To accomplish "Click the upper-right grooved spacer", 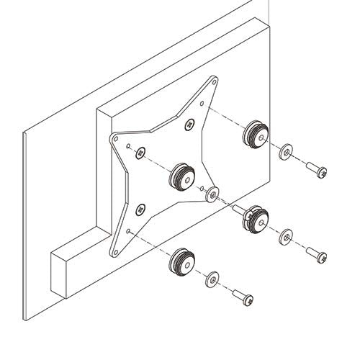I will click(256, 133).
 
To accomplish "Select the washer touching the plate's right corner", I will click(212, 194).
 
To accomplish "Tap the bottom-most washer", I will click(212, 278).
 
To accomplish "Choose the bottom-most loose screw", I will click(243, 295).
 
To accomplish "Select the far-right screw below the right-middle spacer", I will click(316, 254).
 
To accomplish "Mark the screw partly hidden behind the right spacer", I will click(238, 209).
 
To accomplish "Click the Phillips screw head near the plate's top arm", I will click(189, 124).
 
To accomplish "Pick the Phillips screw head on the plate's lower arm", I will click(140, 210).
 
